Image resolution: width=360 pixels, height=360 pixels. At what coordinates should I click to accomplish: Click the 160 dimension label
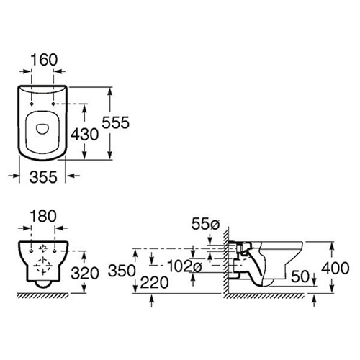(x=45, y=60)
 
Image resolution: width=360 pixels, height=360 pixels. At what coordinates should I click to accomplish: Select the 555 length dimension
(x=116, y=122)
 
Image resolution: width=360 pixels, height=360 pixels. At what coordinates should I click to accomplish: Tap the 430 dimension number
(x=84, y=134)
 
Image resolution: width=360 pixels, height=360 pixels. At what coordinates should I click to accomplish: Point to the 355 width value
(x=43, y=177)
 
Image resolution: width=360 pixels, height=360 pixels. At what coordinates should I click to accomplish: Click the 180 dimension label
(x=43, y=216)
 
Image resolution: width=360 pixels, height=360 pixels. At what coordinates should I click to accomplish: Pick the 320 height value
(x=85, y=273)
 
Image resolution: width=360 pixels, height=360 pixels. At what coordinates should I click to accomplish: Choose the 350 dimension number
(x=122, y=271)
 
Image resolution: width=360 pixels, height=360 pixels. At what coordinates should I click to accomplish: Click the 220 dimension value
(x=154, y=282)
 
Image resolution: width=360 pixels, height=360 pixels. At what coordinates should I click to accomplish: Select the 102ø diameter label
(x=184, y=266)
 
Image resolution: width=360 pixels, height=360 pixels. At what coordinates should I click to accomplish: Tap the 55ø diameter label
(x=205, y=225)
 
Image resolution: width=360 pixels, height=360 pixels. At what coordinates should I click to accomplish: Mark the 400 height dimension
(x=336, y=268)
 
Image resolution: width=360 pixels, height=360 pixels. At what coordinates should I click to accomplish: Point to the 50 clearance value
(x=300, y=276)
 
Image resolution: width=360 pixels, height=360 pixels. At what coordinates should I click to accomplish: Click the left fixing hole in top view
(x=32, y=104)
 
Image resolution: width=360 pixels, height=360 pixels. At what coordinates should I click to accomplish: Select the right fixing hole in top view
(x=53, y=104)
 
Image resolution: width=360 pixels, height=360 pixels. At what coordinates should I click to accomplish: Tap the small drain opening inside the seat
(x=42, y=128)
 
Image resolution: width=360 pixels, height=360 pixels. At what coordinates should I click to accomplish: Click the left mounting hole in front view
(x=31, y=251)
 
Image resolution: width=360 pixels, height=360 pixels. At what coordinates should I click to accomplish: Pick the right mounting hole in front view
(x=55, y=251)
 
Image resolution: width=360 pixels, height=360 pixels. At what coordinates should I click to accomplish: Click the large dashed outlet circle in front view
(x=42, y=266)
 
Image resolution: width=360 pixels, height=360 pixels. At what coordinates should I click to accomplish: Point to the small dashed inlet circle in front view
(x=43, y=248)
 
